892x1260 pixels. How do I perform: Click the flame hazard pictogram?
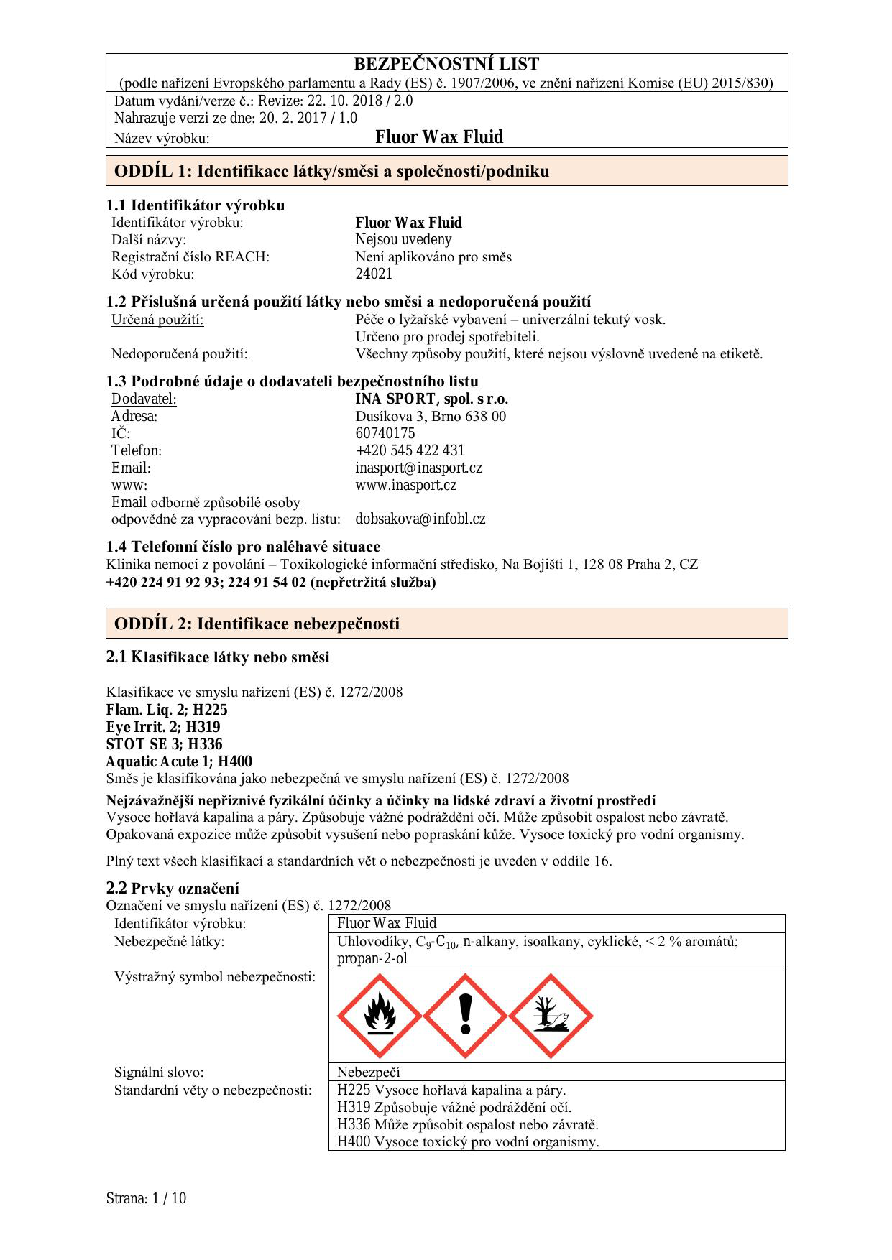(380, 1016)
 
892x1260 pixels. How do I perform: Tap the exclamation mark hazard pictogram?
(466, 1016)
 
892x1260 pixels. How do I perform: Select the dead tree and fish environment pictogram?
(551, 1016)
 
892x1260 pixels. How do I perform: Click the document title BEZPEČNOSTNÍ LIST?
(446, 64)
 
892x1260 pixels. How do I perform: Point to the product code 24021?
(374, 274)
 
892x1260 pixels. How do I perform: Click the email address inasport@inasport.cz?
(418, 468)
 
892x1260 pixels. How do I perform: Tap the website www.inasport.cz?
(405, 486)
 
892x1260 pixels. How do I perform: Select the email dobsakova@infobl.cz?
(420, 519)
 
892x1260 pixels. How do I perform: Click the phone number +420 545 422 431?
(410, 451)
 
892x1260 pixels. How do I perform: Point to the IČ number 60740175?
(385, 434)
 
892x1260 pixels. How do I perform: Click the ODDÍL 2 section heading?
(257, 624)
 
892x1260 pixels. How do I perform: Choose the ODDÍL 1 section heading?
(331, 171)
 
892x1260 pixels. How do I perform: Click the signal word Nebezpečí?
(368, 1073)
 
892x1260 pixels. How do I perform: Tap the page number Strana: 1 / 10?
(146, 1198)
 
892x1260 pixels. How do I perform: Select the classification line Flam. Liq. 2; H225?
(167, 710)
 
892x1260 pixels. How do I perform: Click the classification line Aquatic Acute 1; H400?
(179, 762)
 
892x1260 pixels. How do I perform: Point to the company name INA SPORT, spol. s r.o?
(431, 399)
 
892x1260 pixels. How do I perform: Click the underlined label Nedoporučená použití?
(179, 354)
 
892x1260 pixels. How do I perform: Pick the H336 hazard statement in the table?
(467, 1125)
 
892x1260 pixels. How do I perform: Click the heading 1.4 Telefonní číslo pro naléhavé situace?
(243, 547)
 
